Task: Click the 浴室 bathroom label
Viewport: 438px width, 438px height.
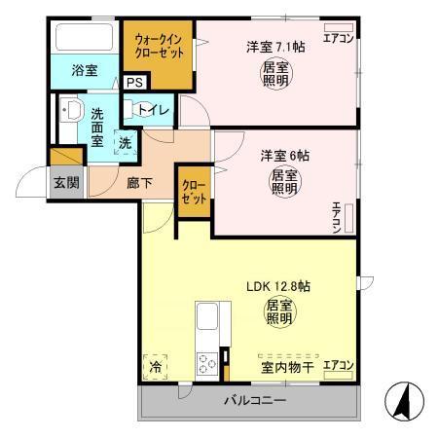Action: click(x=85, y=70)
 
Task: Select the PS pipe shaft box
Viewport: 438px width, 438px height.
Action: click(x=132, y=83)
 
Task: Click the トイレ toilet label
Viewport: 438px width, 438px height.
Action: click(x=155, y=110)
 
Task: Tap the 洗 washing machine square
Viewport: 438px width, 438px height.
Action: click(x=126, y=143)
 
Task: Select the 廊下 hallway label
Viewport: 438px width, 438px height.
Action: click(x=138, y=182)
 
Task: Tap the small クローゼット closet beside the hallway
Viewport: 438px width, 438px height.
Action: click(x=193, y=193)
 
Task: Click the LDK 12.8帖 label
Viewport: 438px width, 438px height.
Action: click(x=276, y=286)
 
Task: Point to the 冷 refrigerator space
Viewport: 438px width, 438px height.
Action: click(x=156, y=367)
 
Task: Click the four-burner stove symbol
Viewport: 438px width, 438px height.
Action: click(x=207, y=365)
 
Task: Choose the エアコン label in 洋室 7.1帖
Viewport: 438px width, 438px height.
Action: click(x=338, y=40)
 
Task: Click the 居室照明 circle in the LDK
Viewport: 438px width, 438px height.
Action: click(x=277, y=313)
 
